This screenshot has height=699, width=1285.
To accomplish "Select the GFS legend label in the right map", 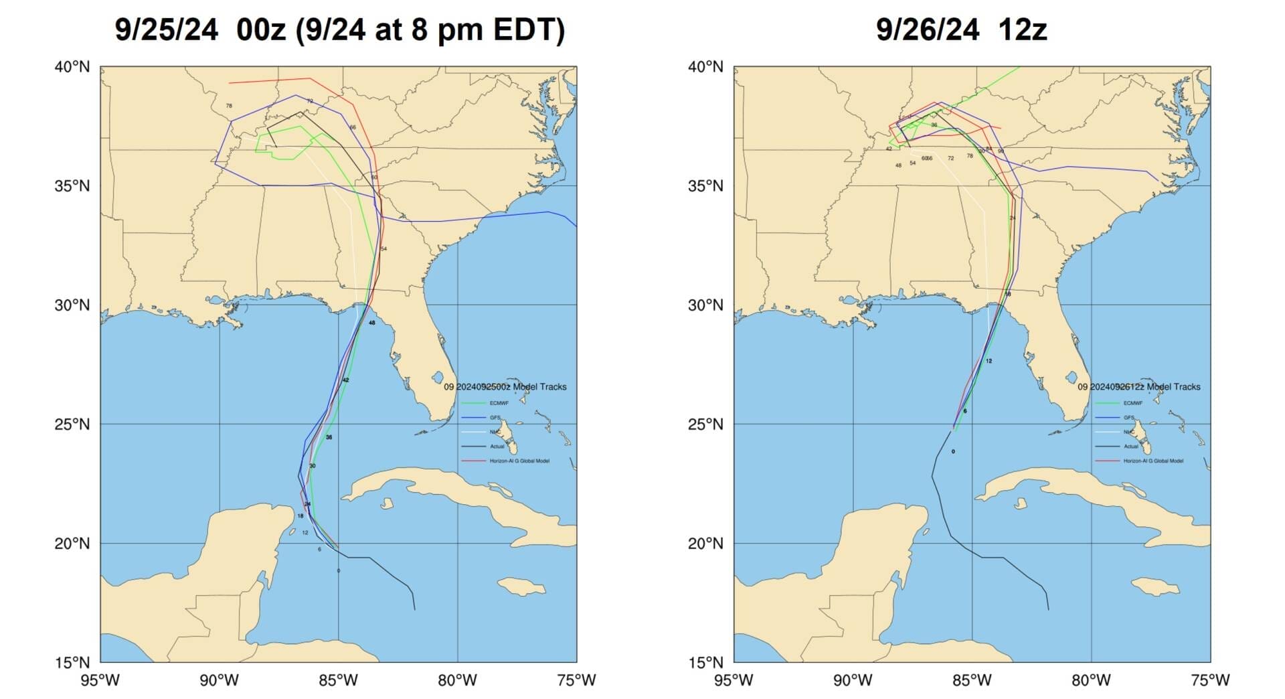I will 1128,418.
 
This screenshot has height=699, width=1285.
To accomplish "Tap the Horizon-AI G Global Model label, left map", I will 519,461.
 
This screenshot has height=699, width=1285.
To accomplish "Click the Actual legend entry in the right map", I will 1130,447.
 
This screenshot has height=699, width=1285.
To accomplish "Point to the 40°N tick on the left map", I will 72,67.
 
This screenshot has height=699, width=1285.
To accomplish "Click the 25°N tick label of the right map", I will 705,424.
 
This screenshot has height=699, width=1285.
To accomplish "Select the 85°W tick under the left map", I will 338,681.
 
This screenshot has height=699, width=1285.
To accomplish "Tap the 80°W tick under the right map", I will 1091,681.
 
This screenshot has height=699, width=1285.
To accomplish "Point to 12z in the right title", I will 1022,30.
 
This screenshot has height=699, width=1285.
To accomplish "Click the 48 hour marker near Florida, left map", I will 371,323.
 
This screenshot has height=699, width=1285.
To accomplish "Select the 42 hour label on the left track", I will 345,380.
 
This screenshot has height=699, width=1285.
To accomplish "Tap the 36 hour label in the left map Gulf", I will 329,437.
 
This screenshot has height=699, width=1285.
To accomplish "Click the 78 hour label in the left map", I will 229,106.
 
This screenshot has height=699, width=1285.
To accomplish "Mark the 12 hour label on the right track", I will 989,361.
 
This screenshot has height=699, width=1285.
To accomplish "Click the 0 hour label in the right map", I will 953,452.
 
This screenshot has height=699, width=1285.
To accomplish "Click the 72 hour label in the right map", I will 950,159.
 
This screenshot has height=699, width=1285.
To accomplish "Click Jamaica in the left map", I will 522,587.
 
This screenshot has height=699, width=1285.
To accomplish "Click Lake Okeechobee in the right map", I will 1072,378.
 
